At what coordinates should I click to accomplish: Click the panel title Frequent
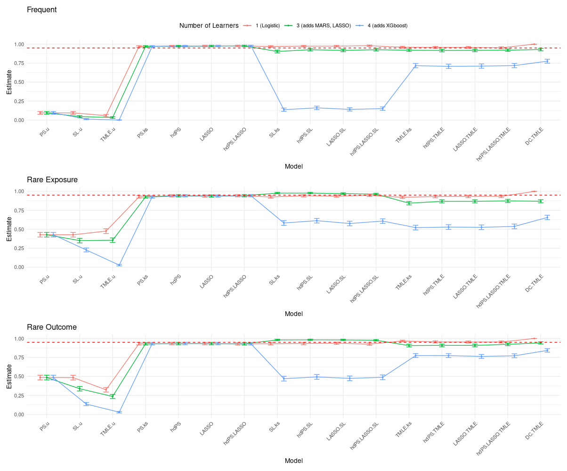(42, 9)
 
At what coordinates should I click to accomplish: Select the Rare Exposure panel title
(52, 179)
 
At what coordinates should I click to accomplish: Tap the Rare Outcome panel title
(52, 327)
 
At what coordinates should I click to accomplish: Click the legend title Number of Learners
(209, 25)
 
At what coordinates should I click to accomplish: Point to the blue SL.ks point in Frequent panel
(284, 110)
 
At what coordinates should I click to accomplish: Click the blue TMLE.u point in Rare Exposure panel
(119, 265)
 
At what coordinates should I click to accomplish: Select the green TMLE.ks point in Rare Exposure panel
(409, 203)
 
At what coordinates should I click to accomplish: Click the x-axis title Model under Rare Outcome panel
(293, 461)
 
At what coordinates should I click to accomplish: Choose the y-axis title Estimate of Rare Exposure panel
(9, 229)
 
